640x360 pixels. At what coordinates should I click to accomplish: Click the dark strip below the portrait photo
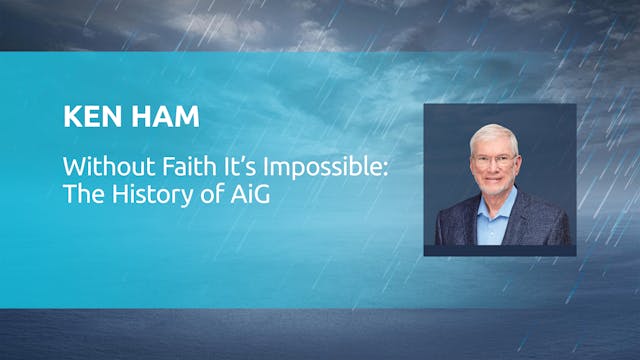500,250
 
